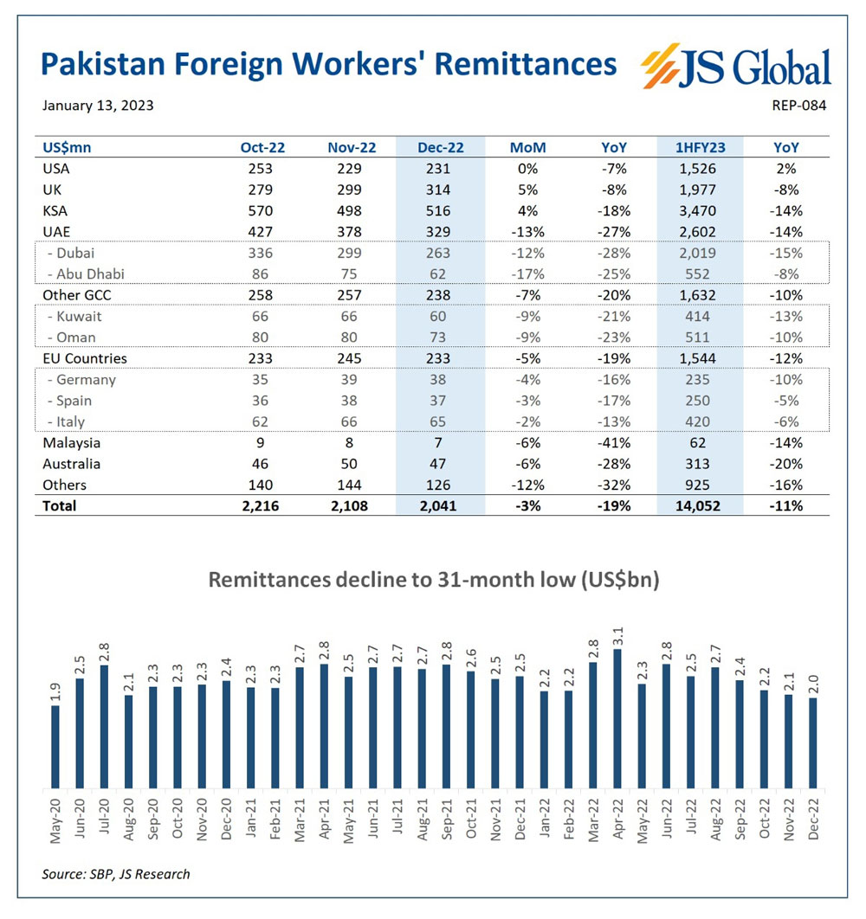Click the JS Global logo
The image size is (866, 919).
coord(735,68)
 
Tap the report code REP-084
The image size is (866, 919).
coord(798,106)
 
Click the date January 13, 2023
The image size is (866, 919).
coord(98,106)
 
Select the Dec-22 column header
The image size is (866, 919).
coord(441,148)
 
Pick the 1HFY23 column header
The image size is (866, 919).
coord(701,148)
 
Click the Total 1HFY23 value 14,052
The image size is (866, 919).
coord(701,506)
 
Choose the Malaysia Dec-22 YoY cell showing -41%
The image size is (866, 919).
coord(614,443)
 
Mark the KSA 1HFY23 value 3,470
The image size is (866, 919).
coord(701,211)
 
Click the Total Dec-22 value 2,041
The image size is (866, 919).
coord(441,506)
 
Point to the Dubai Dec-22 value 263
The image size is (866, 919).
coord(441,254)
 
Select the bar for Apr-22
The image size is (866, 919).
coord(617,718)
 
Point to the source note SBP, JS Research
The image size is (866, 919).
coord(116,874)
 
